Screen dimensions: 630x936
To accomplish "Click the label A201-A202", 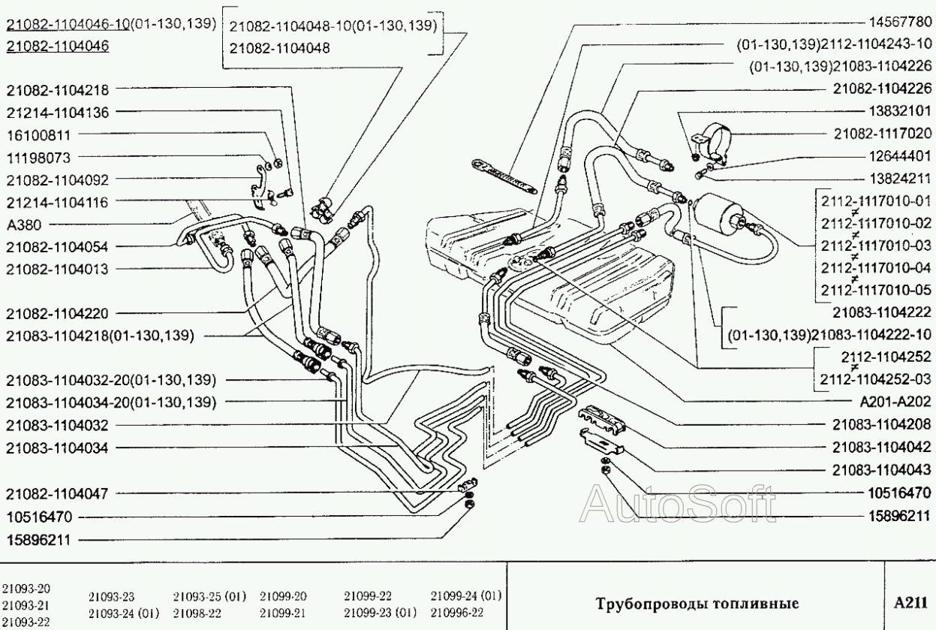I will click(896, 401).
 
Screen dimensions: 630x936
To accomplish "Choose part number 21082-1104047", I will click(57, 494).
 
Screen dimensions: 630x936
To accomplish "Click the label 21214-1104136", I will click(57, 113).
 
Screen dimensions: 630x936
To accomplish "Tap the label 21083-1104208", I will click(881, 423).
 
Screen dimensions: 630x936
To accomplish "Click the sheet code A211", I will click(910, 603).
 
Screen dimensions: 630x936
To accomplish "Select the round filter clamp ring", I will click(717, 140).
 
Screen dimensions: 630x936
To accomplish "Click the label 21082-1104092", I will click(57, 180).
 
